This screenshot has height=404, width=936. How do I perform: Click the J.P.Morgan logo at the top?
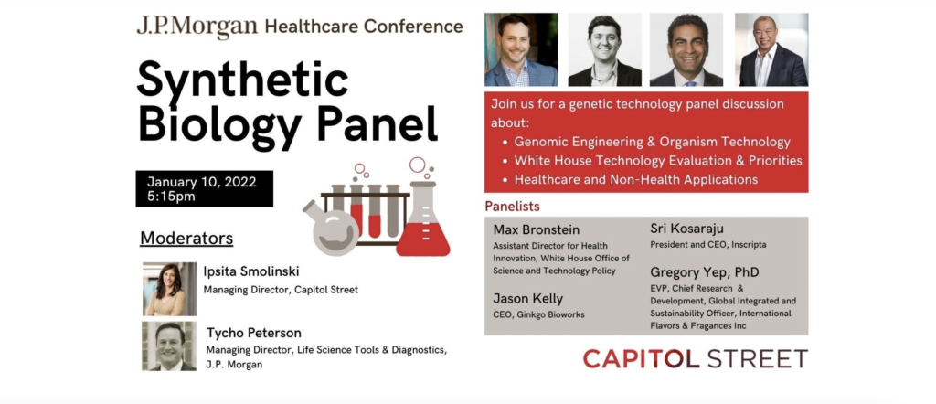pos(197,27)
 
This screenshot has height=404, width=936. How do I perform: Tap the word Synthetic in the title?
pos(242,80)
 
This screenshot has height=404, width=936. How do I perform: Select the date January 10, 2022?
pos(202,182)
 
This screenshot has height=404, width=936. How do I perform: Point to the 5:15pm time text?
pos(171,197)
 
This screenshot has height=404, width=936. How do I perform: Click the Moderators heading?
pos(186,238)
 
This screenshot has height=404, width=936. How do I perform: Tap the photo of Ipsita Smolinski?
pos(169,289)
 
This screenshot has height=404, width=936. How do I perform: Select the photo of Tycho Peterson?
pos(169,346)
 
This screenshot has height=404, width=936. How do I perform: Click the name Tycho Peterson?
pos(254,333)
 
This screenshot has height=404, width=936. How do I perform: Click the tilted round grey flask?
pos(331,229)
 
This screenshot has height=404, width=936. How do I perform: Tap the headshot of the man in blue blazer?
pos(521,49)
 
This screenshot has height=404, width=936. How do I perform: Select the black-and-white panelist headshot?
pos(605,49)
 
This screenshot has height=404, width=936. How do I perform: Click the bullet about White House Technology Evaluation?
pos(658,161)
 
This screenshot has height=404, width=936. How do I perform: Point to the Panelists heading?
pos(512,207)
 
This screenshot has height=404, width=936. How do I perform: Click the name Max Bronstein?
pos(536,229)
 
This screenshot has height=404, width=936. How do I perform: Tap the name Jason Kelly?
pos(527,298)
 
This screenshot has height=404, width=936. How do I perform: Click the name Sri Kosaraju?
pos(686,229)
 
